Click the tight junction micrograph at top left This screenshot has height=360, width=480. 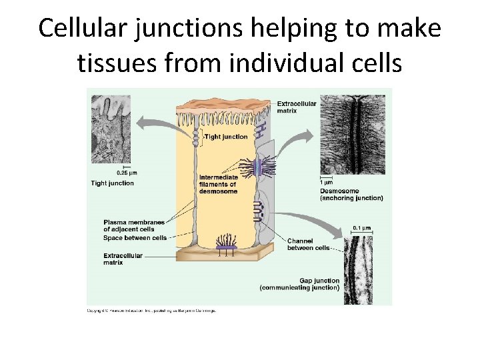tap(110, 129)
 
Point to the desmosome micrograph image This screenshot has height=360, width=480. tap(352, 134)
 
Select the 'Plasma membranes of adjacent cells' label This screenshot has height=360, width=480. tap(133, 225)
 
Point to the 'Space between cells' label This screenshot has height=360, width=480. tap(135, 238)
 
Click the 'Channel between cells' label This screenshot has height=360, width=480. tap(308, 244)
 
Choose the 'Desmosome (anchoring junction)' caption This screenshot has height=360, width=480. tap(351, 194)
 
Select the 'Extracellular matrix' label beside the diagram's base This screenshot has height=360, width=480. tap(123, 259)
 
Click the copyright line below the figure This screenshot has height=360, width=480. tap(153, 311)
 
